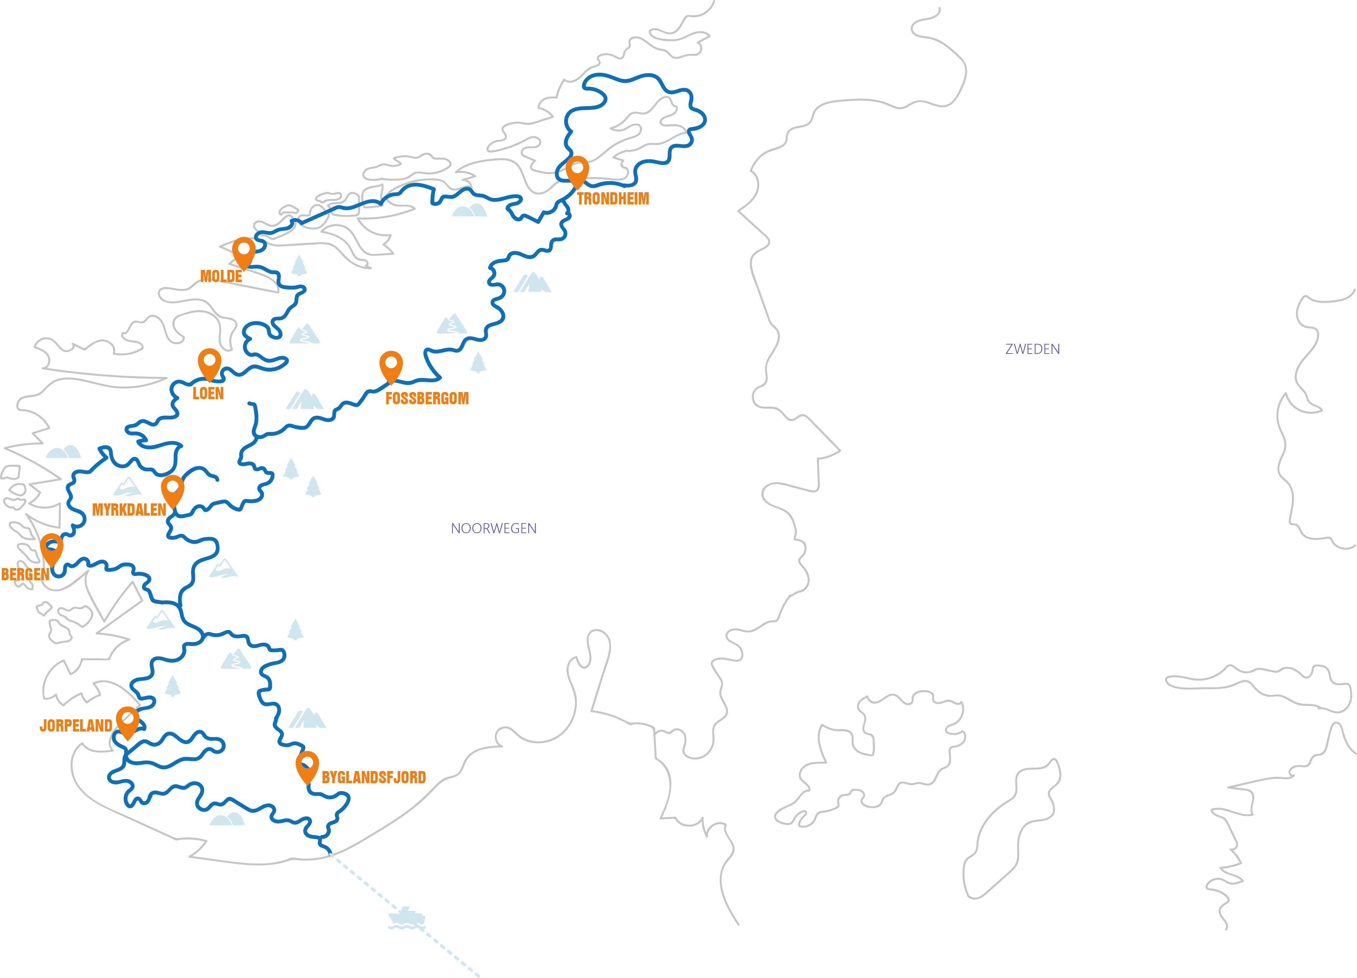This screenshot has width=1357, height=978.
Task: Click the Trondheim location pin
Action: pyautogui.click(x=577, y=171)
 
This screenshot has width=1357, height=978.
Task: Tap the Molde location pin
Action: pyautogui.click(x=244, y=252)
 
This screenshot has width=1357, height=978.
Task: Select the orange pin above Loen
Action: pyautogui.click(x=209, y=363)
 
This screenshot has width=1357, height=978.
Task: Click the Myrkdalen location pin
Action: pyautogui.click(x=172, y=490)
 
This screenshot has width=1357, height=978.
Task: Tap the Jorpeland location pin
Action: pyautogui.click(x=128, y=721)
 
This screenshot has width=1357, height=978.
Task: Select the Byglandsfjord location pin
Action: pyautogui.click(x=307, y=766)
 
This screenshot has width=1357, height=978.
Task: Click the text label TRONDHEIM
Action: pyautogui.click(x=613, y=199)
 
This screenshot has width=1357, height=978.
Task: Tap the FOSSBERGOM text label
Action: pyautogui.click(x=427, y=398)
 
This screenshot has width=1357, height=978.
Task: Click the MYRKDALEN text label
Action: pyautogui.click(x=129, y=510)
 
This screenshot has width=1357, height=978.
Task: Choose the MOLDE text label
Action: pyautogui.click(x=221, y=277)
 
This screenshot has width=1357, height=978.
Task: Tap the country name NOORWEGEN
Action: pyautogui.click(x=494, y=529)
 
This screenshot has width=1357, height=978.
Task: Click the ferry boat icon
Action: pyautogui.click(x=407, y=918)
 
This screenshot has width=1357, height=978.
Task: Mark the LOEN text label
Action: pyautogui.click(x=208, y=394)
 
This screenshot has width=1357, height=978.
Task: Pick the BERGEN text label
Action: pyautogui.click(x=25, y=575)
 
